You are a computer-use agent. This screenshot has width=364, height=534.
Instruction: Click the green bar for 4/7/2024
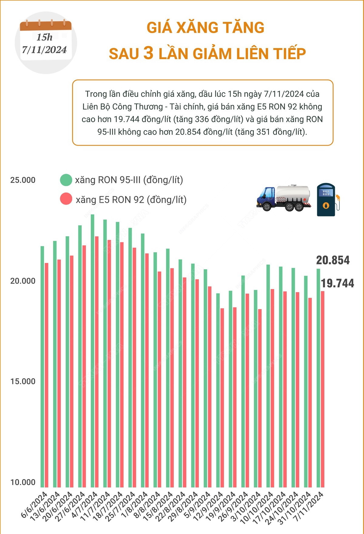(x=92, y=350)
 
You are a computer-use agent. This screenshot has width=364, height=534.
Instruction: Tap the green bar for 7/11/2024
(x=318, y=377)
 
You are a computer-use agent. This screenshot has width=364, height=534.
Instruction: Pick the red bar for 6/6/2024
(x=46, y=374)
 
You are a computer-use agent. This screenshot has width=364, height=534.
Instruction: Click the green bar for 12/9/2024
(x=218, y=389)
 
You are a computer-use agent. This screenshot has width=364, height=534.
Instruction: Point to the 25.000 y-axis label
(x=23, y=180)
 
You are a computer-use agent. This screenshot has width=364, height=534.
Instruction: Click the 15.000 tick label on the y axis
(x=23, y=381)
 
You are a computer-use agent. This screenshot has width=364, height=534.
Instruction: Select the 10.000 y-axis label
(x=23, y=482)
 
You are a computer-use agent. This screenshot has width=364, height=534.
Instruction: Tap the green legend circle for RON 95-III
(x=66, y=180)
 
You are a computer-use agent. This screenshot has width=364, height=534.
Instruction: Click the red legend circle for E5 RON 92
(x=66, y=199)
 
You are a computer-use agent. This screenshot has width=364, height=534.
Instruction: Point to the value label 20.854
(x=333, y=260)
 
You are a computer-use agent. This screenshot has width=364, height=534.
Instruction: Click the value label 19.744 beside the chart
(x=337, y=283)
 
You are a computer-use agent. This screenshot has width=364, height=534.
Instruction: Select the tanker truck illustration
(x=284, y=198)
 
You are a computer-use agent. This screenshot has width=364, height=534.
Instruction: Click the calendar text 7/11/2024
(x=44, y=50)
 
